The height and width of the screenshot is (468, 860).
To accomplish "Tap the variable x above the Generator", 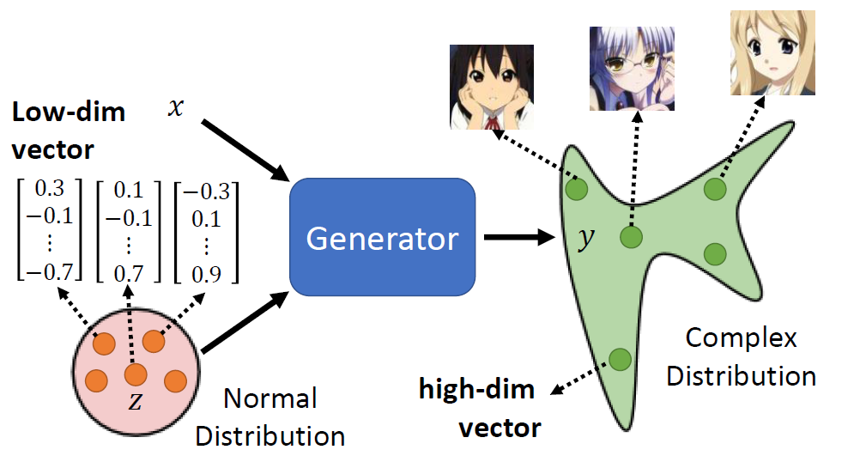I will pos(175,110).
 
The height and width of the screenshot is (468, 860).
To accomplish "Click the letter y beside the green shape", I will pos(585,239).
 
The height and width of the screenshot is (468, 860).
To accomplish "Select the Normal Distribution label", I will pos(270,416).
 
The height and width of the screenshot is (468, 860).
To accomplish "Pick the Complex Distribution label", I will pos(740,356).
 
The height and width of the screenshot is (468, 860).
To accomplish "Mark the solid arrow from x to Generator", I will pos(245,149).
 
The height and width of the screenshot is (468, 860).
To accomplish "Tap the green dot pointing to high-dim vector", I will pos(620,358).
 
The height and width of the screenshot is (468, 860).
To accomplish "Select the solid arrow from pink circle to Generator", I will pos(245,324).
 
